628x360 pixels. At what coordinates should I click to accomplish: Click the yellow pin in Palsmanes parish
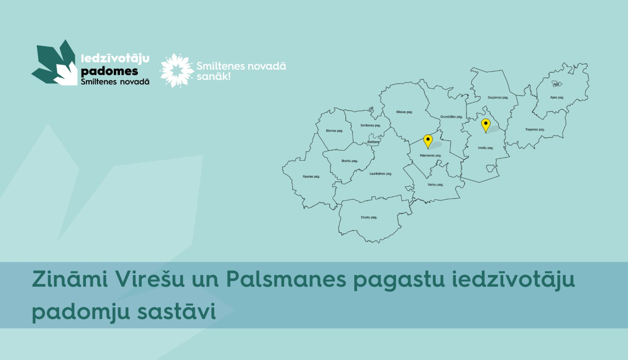pos(428,140)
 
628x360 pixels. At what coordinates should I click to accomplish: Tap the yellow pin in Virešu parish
pos(486,124)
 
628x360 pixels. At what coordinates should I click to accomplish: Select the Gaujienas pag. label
pos(498,98)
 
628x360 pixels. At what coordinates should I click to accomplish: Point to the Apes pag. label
pos(557,98)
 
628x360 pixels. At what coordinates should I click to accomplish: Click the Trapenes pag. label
pos(535,130)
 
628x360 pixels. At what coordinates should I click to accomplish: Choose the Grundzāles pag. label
pos(451,117)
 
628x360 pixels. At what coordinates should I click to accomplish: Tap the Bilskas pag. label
pos(404,112)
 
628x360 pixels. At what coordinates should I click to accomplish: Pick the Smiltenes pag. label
pos(371,126)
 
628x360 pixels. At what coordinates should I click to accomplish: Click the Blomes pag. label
pos(335,131)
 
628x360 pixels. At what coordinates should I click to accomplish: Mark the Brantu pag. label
pos(350,161)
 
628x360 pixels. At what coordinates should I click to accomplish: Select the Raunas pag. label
pos(311,177)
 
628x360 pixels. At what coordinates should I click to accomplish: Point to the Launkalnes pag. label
pos(381,174)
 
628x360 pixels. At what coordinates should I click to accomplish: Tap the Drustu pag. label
pos(369,218)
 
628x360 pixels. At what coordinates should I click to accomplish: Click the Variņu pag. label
pos(435,185)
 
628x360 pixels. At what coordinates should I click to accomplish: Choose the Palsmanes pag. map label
pos(430,156)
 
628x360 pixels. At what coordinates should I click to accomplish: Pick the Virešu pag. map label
pos(486,148)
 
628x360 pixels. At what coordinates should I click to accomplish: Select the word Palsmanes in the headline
pos(286,279)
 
